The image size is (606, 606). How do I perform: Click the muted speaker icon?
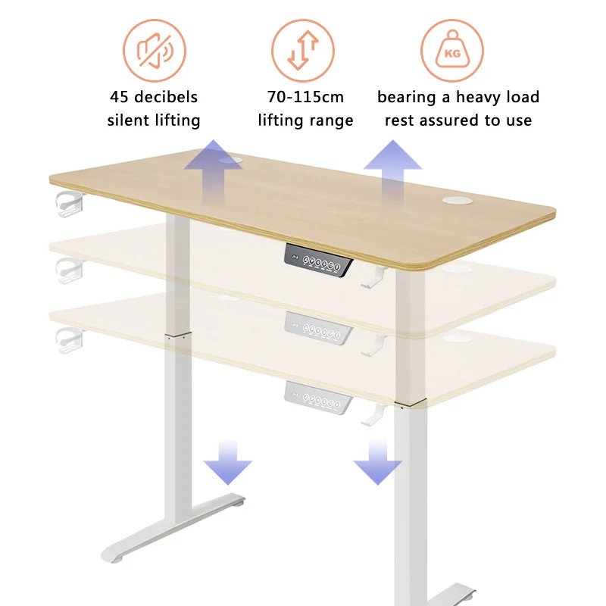click(155, 51)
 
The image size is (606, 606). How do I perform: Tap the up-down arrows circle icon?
click(303, 51)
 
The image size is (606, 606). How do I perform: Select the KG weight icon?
click(452, 51)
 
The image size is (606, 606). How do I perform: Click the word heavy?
click(474, 97)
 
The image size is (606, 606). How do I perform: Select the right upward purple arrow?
click(392, 163)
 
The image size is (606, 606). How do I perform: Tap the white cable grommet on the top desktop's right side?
click(456, 199)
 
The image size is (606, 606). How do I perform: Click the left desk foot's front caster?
click(116, 558)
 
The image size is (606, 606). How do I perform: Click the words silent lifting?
click(154, 120)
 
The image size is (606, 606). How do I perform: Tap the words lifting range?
click(305, 120)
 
